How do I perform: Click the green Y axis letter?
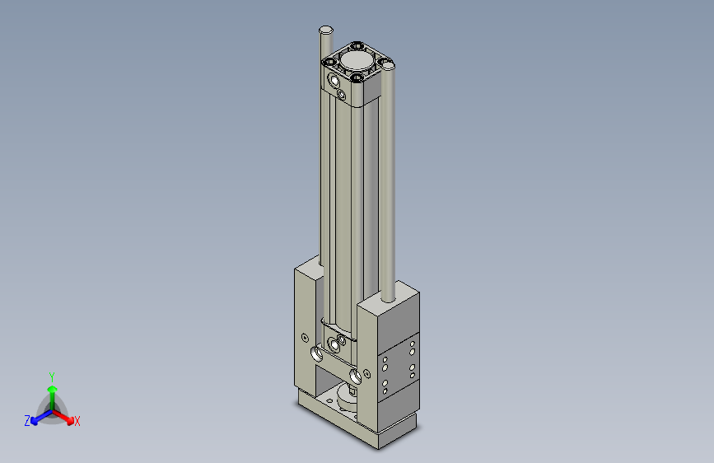point(51,375)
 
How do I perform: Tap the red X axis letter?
point(77,422)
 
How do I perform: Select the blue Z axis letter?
point(27,421)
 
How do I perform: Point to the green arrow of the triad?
point(52,390)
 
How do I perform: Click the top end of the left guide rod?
point(326,30)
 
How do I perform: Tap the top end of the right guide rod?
point(389,65)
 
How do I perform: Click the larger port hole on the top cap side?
point(334,82)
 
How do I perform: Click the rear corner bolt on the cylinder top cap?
point(356,46)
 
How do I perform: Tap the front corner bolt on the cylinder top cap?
point(357,79)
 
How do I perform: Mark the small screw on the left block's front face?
point(306,337)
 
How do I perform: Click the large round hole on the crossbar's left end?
point(318,355)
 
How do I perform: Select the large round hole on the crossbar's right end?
point(356,376)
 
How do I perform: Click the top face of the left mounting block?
point(309,267)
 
